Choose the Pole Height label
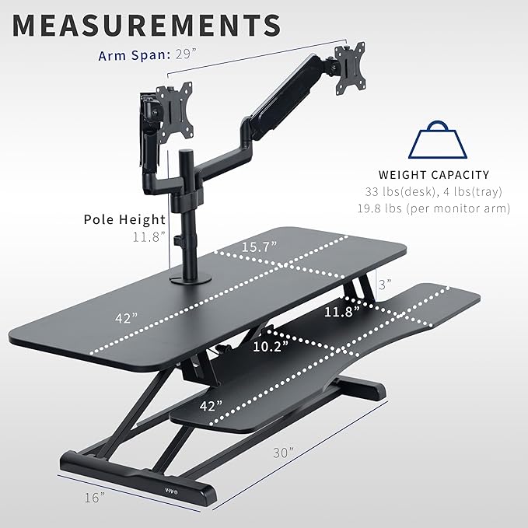pos(124,219)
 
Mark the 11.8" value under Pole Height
pos(149,236)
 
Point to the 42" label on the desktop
pos(124,317)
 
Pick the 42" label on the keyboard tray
pos(210,405)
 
